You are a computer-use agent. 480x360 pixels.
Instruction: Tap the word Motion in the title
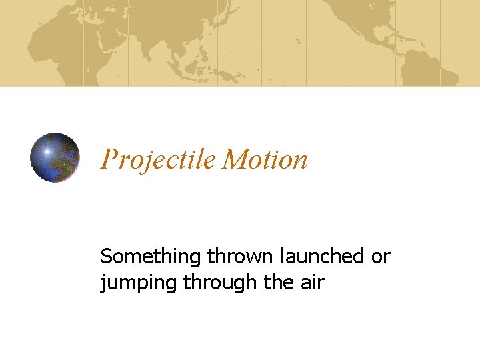(x=265, y=160)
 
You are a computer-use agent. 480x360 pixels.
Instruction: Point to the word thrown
(x=239, y=257)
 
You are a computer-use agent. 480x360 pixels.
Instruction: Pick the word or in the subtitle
(x=381, y=257)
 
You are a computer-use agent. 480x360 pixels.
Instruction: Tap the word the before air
(x=277, y=283)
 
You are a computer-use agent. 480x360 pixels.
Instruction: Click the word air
(x=311, y=283)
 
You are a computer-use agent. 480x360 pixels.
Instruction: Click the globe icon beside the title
(x=55, y=157)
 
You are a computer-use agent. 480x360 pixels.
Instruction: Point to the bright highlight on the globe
(x=46, y=151)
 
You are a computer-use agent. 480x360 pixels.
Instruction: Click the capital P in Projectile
(x=108, y=160)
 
